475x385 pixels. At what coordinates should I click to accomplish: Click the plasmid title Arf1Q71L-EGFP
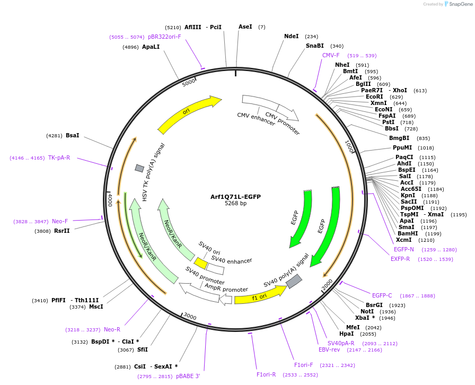[x=235, y=197]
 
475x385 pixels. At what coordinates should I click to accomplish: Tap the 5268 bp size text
[x=235, y=204]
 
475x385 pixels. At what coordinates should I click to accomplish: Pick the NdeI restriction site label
[x=292, y=37]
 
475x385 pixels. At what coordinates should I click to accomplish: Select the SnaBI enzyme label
[x=314, y=46]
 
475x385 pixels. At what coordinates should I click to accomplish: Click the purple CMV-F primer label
[x=331, y=55]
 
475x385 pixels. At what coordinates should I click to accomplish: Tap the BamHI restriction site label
[x=407, y=234]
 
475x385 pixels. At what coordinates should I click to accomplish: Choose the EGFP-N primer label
[x=404, y=249]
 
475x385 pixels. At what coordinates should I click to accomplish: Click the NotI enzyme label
[x=367, y=312]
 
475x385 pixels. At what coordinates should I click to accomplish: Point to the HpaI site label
[x=346, y=334]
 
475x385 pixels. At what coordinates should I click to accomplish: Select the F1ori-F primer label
[x=304, y=365]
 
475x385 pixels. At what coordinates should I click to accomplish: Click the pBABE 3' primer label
[x=188, y=376]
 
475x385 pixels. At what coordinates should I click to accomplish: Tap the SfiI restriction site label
[x=142, y=349]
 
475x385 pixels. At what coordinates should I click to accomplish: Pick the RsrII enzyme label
[x=61, y=231]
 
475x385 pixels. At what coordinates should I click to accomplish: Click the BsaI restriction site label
[x=72, y=136]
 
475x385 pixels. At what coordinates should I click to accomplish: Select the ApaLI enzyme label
[x=151, y=47]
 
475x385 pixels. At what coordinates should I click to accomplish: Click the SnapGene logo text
[x=460, y=4]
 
